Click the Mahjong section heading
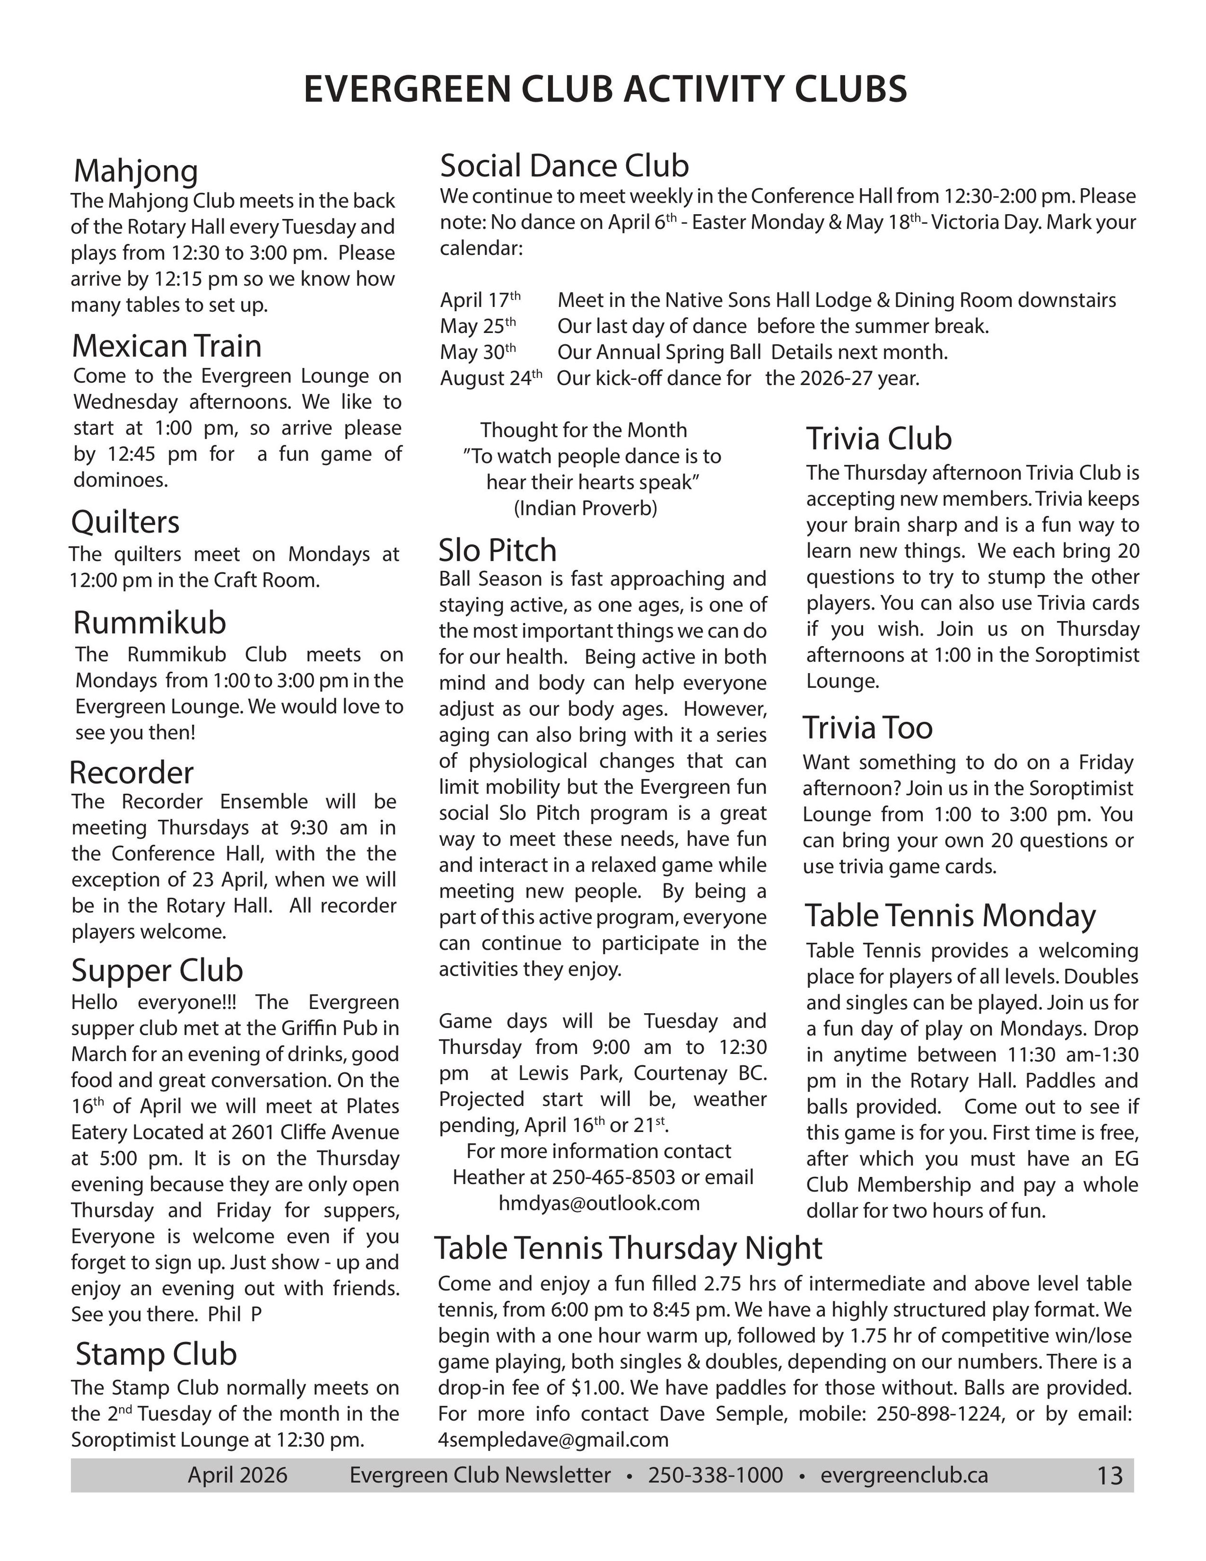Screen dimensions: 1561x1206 point(136,171)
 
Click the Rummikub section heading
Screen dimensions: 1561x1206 point(150,622)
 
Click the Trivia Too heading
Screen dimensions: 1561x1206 point(867,728)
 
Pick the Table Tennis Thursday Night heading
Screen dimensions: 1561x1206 point(628,1248)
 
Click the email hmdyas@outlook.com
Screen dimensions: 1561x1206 point(599,1203)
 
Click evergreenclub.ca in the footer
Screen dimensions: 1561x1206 point(904,1475)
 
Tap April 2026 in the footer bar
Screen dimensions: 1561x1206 point(237,1475)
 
